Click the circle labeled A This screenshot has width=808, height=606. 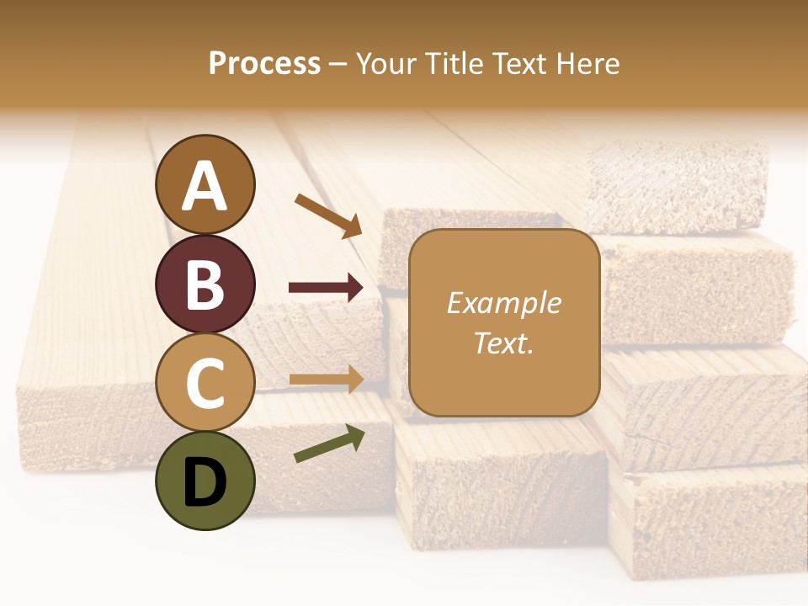[x=205, y=184]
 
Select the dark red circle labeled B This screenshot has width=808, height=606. [x=205, y=284]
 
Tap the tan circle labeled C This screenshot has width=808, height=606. [x=205, y=382]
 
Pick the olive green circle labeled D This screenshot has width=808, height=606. [x=205, y=481]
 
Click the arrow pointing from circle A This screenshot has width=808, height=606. [x=328, y=215]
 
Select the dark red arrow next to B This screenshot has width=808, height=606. [x=326, y=288]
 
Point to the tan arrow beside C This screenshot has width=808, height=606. [x=326, y=380]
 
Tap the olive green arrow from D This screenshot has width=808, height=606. [x=329, y=444]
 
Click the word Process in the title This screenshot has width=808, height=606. [x=264, y=64]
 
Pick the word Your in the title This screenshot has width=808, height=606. [x=385, y=64]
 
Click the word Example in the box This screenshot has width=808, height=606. [x=503, y=303]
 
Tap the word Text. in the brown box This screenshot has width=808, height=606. [x=503, y=343]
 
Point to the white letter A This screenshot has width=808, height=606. [x=205, y=186]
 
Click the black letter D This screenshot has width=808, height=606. [x=205, y=482]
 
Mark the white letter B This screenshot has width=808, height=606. [x=205, y=284]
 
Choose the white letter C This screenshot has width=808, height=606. [x=205, y=384]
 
